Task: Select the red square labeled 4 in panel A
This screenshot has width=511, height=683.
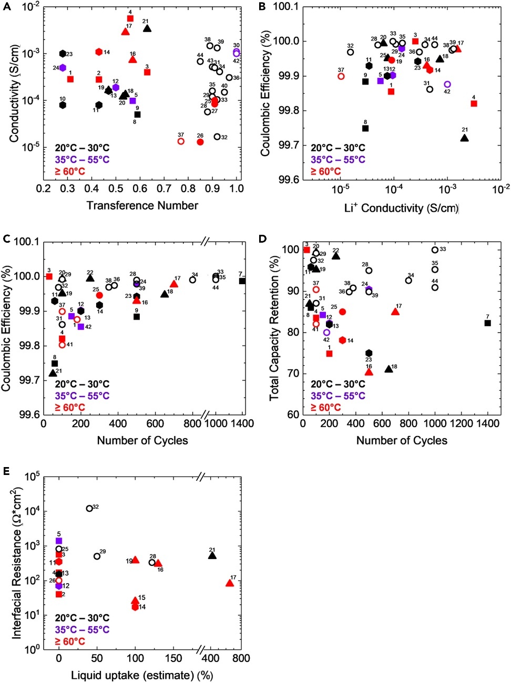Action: [x=130, y=18]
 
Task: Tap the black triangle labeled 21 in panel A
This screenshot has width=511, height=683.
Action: [x=147, y=28]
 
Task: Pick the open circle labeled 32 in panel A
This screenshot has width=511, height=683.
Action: [x=217, y=137]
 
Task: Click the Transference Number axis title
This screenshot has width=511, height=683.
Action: [x=142, y=205]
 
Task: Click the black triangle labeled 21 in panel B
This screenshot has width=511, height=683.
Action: [x=464, y=138]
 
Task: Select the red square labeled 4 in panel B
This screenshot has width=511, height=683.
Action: [x=474, y=104]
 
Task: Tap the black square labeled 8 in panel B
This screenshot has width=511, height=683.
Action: [x=365, y=128]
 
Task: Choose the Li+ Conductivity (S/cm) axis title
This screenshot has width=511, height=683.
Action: [x=401, y=208]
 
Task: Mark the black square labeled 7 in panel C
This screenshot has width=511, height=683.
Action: [x=242, y=281]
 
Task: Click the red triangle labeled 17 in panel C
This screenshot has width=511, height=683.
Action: [x=174, y=284]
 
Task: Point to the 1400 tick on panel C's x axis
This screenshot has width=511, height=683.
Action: [x=242, y=423]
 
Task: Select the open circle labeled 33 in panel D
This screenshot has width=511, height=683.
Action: [x=435, y=250]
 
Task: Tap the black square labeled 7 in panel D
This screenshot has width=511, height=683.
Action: [x=487, y=323]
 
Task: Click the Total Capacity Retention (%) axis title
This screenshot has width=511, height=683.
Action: [x=274, y=328]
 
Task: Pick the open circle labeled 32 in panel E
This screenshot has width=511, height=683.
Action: [x=89, y=508]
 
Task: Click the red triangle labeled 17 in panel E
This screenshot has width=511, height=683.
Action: [x=230, y=583]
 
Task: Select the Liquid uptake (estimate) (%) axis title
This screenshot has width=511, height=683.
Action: [x=142, y=675]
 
